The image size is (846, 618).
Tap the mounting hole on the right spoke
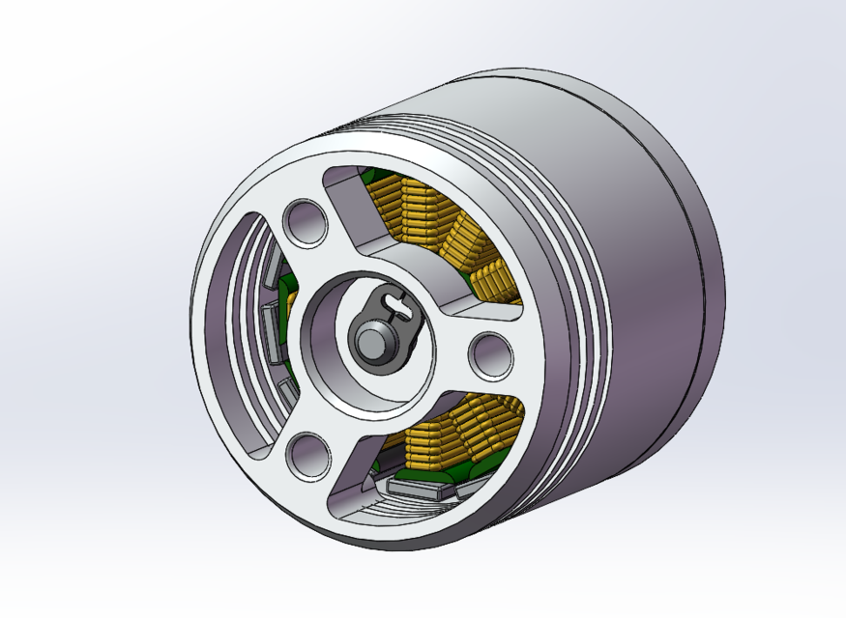coord(490,354)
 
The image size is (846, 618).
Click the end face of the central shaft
coord(371,340)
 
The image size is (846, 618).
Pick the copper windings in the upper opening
coord(411,217)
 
